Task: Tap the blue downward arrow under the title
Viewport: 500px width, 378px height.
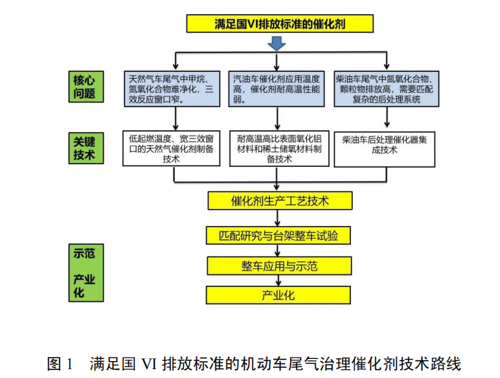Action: point(276,44)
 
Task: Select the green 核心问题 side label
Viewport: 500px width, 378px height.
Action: point(85,86)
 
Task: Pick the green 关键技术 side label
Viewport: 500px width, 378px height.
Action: point(85,147)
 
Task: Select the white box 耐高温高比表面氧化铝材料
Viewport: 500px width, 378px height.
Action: point(278,148)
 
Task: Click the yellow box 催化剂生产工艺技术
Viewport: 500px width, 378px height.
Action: point(278,201)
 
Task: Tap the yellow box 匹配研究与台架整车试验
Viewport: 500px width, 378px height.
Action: point(278,235)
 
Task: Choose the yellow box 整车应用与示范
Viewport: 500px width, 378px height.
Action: point(278,265)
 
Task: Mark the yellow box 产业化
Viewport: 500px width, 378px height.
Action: point(278,295)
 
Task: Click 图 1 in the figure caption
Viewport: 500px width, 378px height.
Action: point(60,363)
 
